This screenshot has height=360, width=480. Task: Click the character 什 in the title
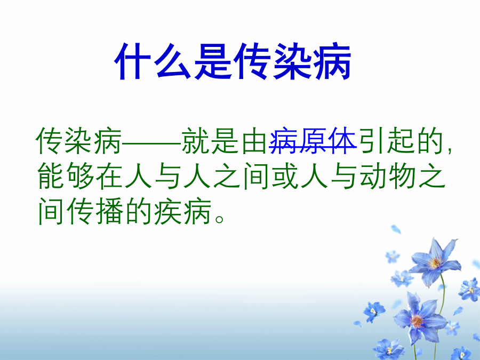click(x=133, y=61)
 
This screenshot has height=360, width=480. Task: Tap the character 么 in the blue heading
click(x=173, y=61)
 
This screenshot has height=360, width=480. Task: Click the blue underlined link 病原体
click(x=313, y=141)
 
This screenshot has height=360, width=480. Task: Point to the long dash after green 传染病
click(x=152, y=142)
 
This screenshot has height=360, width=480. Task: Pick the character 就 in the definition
click(x=195, y=141)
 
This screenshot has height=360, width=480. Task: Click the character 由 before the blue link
click(x=254, y=141)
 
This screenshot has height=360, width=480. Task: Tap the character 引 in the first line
click(x=371, y=141)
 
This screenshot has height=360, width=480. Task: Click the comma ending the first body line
click(x=449, y=150)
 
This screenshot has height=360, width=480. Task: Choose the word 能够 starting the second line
click(x=65, y=177)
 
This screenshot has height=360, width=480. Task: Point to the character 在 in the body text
click(x=109, y=177)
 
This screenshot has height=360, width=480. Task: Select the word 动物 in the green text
click(x=387, y=177)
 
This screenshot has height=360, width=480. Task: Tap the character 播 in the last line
click(x=109, y=212)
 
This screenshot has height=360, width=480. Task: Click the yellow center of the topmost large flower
click(x=434, y=262)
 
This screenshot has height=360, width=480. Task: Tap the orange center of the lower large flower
click(x=417, y=321)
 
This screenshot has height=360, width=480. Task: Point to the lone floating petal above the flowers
click(x=396, y=229)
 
